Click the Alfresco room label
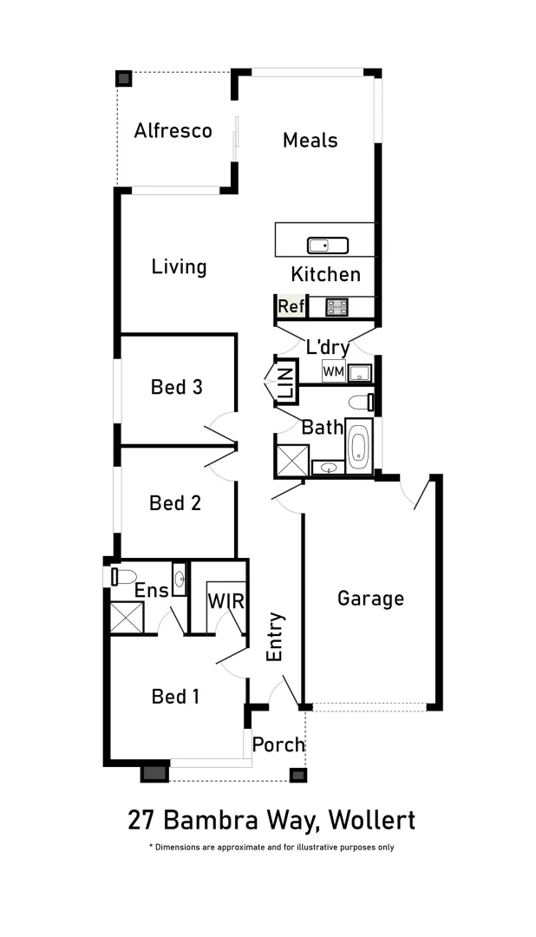pos(173,131)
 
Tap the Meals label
pos(310,140)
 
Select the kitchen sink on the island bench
pos(327,246)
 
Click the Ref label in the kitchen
pos(291,306)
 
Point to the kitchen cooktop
pos(337,306)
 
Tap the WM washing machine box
pos(333,371)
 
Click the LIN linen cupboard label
pos(286,381)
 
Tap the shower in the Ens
pos(127,618)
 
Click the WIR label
pos(225,601)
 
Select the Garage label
pos(370,599)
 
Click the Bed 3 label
pos(176,387)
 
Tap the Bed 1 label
pos(175,696)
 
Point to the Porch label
pos(278,744)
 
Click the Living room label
pos(179,266)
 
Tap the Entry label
pos(275,638)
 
